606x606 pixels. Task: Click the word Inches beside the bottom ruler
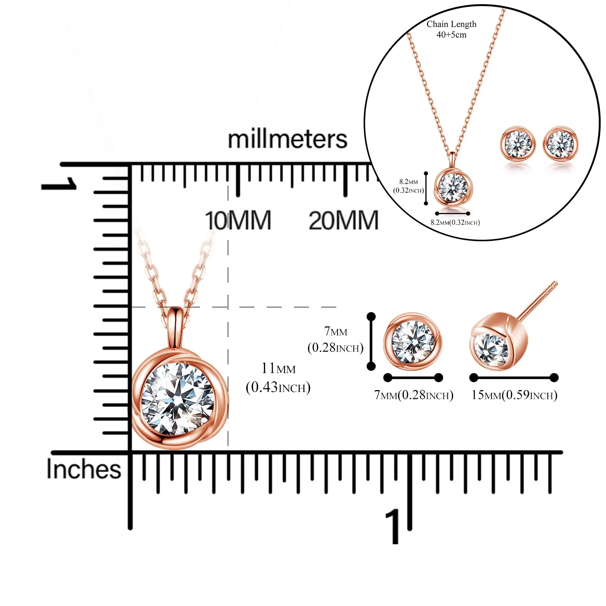(84, 469)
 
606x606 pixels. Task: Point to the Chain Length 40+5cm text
(451, 29)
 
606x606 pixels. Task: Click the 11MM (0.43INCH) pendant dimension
(278, 378)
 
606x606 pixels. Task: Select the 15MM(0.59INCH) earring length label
(514, 395)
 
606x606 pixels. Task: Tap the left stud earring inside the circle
(518, 144)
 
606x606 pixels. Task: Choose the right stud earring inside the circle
(561, 144)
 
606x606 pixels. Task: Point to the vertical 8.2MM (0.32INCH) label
(408, 186)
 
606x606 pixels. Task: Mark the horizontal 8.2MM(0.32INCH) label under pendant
(455, 222)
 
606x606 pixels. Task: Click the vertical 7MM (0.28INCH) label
(336, 339)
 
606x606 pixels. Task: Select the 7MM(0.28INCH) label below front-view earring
(414, 395)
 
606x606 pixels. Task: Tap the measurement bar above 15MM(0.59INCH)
(514, 378)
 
